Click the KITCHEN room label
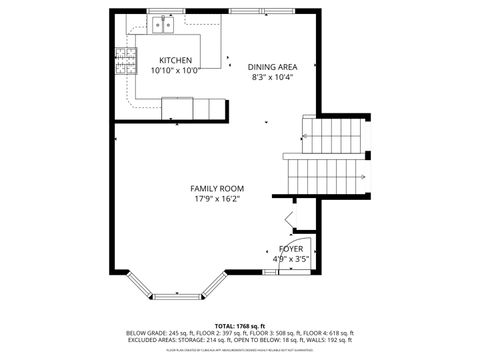175,60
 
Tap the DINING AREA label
272,67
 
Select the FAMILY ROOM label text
217,188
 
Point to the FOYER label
291,248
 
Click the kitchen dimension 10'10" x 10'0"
175,71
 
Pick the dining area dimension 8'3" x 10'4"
272,77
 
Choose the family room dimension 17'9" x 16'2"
217,199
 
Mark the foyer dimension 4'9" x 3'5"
291,259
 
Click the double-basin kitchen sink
162,25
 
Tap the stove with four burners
125,62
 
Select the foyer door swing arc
302,255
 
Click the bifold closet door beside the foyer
289,219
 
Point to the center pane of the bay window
180,295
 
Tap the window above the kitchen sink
162,12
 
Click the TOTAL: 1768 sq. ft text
238,326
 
